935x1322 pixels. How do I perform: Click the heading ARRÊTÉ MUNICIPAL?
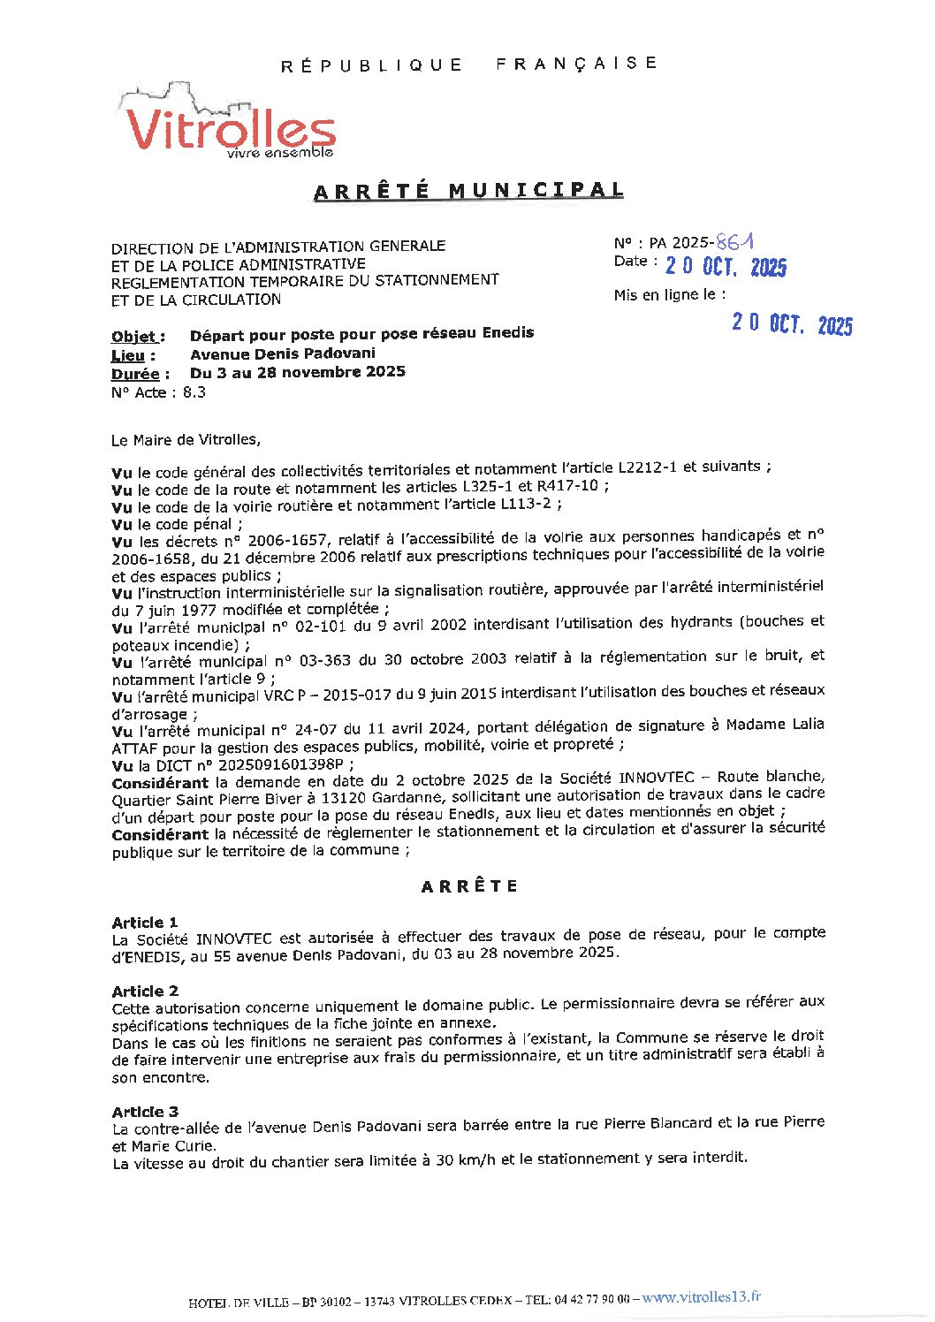[468, 191]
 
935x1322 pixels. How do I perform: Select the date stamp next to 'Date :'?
[726, 267]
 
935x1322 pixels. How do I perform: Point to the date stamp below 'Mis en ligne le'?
[792, 324]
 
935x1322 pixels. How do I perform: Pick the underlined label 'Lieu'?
[133, 355]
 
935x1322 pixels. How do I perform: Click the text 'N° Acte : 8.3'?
[159, 392]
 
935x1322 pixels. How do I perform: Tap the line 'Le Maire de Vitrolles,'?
[186, 439]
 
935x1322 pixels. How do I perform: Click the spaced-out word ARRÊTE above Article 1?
[469, 886]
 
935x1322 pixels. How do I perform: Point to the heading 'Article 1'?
[145, 922]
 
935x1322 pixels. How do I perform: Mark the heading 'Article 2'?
[145, 991]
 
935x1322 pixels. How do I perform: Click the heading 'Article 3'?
[145, 1111]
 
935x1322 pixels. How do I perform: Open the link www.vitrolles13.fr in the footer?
[701, 1297]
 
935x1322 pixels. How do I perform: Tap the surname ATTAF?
[132, 747]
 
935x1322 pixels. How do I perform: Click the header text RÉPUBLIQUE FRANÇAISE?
[469, 64]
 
